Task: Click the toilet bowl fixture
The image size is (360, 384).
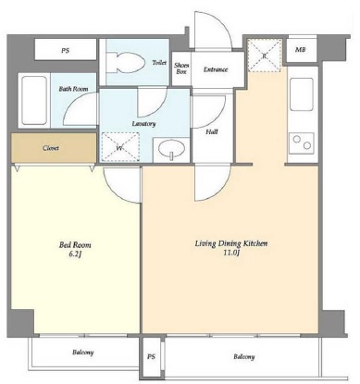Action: point(127,63)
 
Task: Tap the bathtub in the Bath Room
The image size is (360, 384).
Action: point(34,100)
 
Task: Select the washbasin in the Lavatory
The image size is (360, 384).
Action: point(171,148)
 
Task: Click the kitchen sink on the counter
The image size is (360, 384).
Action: point(302,94)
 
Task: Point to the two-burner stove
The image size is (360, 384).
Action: point(302,142)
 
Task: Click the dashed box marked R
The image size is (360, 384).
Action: point(265,56)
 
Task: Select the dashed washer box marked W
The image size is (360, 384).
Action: point(120,147)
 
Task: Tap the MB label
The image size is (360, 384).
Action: point(301,49)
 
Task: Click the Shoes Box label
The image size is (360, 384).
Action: point(181,68)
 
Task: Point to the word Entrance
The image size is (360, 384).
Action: point(216,69)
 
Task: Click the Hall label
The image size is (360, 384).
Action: point(212,132)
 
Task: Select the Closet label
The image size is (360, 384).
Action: point(51,148)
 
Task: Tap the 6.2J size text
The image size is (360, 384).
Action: point(75,254)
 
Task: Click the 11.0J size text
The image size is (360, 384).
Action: point(231,253)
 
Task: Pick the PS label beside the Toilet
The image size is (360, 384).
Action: point(65,51)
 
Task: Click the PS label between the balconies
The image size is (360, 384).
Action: point(151,357)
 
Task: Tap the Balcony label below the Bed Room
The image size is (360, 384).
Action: point(83,352)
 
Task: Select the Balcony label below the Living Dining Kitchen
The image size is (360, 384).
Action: point(244,357)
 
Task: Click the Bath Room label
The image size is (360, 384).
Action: point(73,89)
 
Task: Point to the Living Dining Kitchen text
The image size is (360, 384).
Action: point(231,243)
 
